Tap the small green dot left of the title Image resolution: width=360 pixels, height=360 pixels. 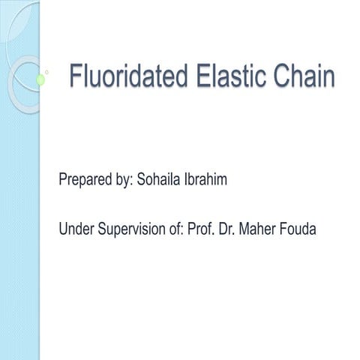coord(40,78)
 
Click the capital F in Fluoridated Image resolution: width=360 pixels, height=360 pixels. coord(75,77)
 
